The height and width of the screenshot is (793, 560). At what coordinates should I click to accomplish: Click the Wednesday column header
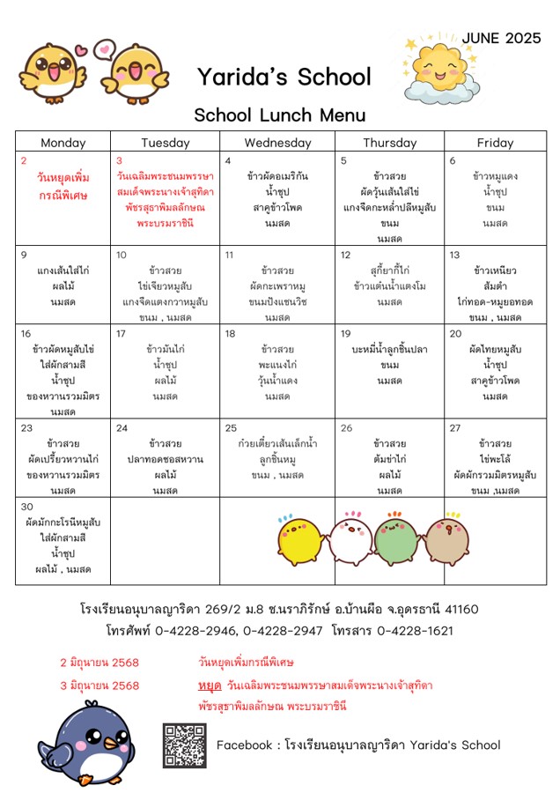(277, 143)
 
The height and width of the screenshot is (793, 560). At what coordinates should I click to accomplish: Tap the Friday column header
(495, 143)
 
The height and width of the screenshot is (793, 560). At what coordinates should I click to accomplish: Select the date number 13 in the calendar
(454, 256)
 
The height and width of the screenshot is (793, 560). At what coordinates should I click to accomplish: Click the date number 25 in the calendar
(231, 428)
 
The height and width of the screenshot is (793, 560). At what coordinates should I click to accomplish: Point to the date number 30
(26, 507)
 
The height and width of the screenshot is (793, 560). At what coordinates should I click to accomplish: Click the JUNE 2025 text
(501, 38)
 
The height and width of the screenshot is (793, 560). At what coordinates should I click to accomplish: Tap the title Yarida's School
(284, 78)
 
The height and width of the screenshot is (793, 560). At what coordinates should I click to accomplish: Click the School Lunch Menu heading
(279, 115)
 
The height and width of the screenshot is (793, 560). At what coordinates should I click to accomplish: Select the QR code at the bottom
(184, 745)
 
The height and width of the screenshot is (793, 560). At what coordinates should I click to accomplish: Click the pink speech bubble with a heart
(104, 49)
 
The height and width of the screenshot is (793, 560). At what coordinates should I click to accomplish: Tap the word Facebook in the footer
(244, 745)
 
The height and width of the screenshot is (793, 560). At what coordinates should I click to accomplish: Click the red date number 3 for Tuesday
(120, 161)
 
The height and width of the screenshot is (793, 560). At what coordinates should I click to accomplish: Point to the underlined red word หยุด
(210, 686)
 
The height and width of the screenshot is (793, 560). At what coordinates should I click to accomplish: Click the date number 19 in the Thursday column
(346, 334)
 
